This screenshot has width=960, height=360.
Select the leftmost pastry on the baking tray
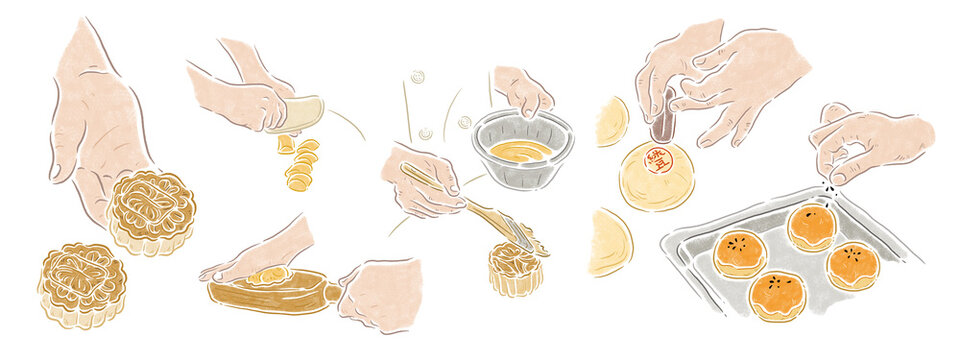point(740,254)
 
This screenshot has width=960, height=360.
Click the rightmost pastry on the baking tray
point(853,265)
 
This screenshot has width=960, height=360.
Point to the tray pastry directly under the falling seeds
point(811,227)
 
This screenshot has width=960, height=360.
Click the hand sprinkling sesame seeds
point(870,140)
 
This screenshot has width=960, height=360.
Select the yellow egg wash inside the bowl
point(520,151)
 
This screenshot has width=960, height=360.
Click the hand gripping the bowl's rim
point(523,90)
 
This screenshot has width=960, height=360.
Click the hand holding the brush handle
point(420,180)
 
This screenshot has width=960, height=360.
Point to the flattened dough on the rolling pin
point(267,276)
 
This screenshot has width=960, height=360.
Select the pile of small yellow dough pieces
point(299,165)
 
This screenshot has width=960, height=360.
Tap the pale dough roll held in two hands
point(297,114)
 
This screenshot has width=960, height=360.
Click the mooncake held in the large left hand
point(150,210)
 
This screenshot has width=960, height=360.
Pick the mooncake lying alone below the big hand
point(82,284)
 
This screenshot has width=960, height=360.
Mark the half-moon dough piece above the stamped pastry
point(612,122)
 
